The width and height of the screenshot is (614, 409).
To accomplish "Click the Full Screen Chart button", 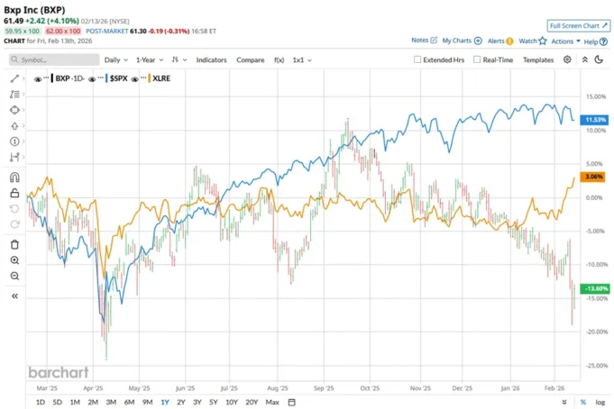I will pyautogui.click(x=579, y=26).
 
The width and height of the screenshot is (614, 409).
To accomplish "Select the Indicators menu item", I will pyautogui.click(x=212, y=59).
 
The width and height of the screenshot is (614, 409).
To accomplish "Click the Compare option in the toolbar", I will pyautogui.click(x=250, y=59).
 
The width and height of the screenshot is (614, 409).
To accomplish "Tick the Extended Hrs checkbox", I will pyautogui.click(x=418, y=59).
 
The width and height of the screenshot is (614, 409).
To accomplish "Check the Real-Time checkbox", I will pyautogui.click(x=477, y=59).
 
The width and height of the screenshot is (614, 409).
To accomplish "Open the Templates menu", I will pyautogui.click(x=538, y=59).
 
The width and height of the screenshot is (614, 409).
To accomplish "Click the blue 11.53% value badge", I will pyautogui.click(x=593, y=119).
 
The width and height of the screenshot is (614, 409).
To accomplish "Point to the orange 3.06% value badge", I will pyautogui.click(x=593, y=177).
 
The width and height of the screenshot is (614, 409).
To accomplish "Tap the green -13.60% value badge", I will pyautogui.click(x=593, y=288).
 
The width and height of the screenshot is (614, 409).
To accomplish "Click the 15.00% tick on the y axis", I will pyautogui.click(x=594, y=96).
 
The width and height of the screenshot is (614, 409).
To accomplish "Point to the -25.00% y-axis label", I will pyautogui.click(x=594, y=365).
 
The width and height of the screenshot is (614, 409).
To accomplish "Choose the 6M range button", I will pyautogui.click(x=129, y=402).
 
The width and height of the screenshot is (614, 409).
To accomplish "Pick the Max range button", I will pyautogui.click(x=272, y=402).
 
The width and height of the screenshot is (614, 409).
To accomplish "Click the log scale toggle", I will pyautogui.click(x=600, y=402).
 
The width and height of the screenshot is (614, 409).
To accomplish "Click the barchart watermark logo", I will pyautogui.click(x=55, y=371).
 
